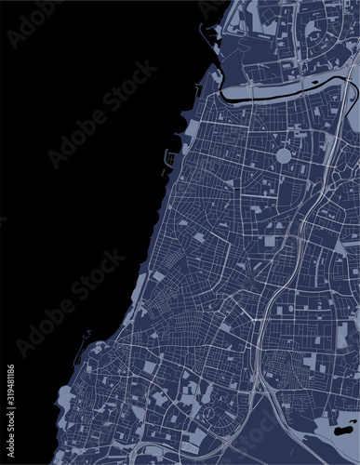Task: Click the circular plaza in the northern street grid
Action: [x=284, y=155]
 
